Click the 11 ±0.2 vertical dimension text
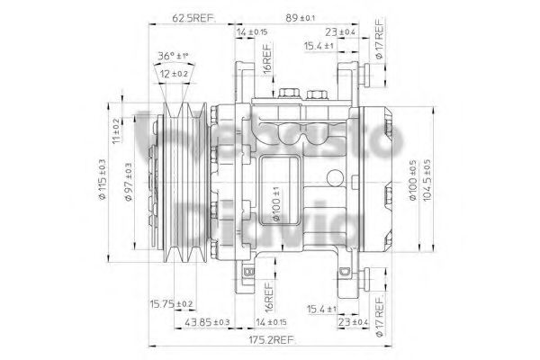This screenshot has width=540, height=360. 116,132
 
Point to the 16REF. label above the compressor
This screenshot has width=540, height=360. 267,67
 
